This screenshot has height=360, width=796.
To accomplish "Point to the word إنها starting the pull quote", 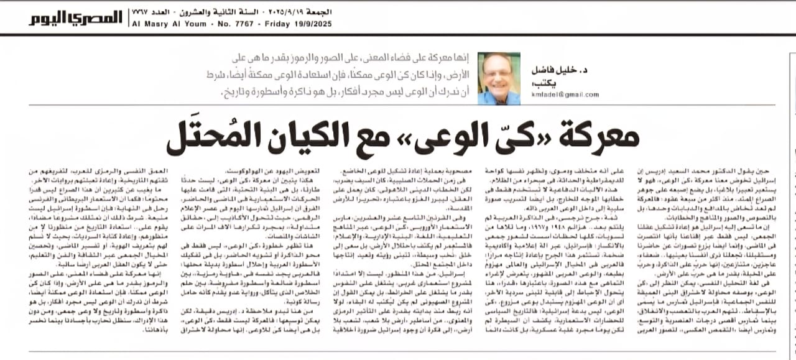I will click(x=459, y=59).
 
